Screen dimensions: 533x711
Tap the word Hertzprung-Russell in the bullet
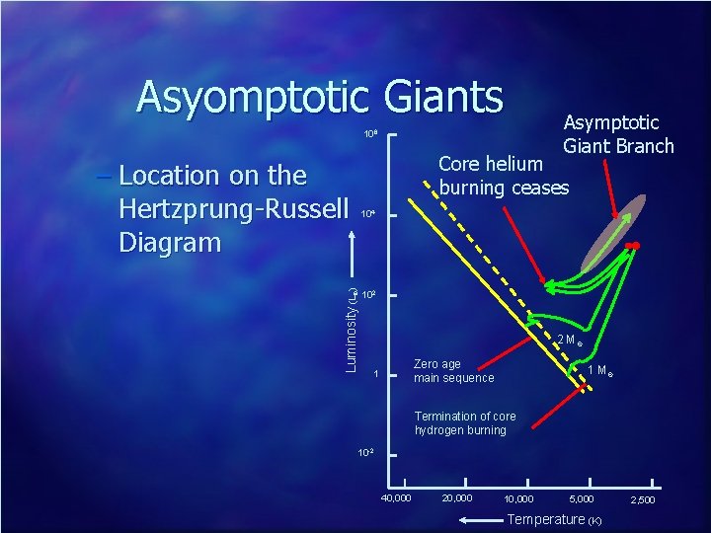tap(233, 209)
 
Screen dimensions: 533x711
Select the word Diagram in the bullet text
tap(169, 242)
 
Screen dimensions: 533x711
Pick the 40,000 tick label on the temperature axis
tap(396, 497)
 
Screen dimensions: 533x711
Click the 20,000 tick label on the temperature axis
tap(457, 497)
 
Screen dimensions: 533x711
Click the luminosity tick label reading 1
tap(375, 375)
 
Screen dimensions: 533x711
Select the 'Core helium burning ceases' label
tap(504, 175)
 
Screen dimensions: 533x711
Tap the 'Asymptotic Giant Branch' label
tap(618, 133)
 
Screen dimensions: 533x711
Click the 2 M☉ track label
tap(569, 341)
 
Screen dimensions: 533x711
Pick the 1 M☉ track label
tap(599, 370)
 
